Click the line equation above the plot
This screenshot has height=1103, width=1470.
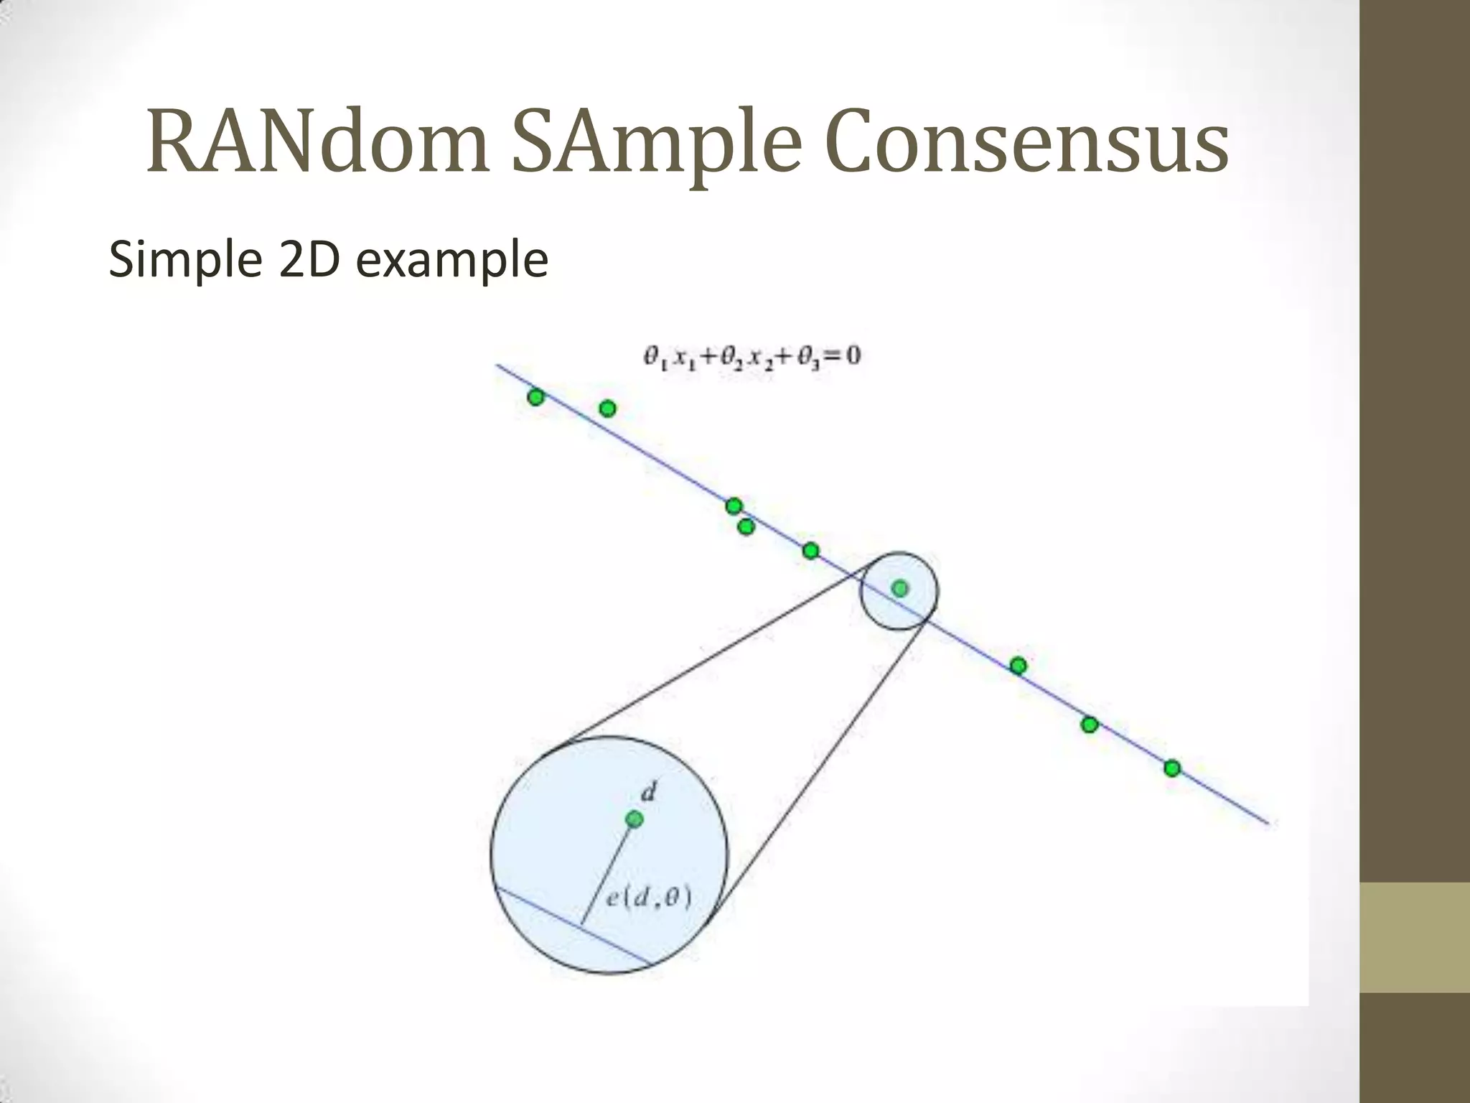751,356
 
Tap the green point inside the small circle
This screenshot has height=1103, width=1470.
899,589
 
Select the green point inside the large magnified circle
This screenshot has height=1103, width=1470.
634,819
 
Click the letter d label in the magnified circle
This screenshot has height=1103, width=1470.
648,793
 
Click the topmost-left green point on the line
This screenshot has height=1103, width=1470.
535,397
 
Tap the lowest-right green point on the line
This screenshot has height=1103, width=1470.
1172,768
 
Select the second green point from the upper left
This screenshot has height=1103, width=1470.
607,409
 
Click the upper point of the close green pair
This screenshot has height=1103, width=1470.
733,506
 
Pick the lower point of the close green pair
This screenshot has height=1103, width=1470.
746,527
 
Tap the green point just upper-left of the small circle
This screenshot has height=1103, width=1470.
810,551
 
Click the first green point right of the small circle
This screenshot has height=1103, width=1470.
1018,666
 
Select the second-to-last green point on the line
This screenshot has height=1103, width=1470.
1090,725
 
